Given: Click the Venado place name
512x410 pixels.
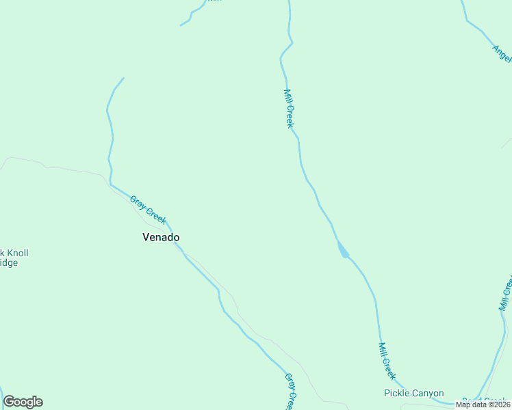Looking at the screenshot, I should (161, 237).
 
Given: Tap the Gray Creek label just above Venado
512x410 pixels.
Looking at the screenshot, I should (148, 210).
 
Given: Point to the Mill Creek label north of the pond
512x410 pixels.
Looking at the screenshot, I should (288, 109).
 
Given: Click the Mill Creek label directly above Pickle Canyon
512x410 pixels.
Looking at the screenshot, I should (387, 361).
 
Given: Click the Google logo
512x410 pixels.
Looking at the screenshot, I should (23, 402).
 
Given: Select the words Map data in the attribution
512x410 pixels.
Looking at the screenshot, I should (472, 405).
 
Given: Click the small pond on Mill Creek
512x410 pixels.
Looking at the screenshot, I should (342, 250).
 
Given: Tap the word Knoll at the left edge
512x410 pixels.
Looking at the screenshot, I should (16, 253).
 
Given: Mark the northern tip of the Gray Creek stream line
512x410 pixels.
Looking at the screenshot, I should (123, 78).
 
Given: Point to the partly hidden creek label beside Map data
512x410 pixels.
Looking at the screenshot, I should (483, 400).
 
